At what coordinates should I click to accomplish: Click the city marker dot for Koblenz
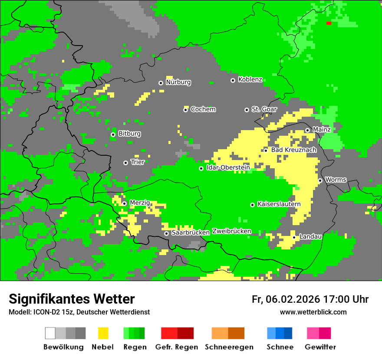233,80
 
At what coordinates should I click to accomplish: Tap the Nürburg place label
178,82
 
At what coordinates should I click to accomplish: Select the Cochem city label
203,109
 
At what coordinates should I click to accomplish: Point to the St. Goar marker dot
247,110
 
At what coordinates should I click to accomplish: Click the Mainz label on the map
322,130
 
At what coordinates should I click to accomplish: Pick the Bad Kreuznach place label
293,150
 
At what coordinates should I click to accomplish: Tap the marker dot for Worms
320,180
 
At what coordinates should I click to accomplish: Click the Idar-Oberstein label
228,168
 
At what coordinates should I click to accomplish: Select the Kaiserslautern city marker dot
252,205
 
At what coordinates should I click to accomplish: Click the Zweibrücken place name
231,231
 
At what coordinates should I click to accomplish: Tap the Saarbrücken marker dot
166,233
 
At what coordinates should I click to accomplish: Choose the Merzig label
140,203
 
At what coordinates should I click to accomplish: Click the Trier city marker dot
125,163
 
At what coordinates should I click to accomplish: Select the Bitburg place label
129,134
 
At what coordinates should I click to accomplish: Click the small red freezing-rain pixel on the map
329,23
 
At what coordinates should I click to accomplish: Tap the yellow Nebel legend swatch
103,333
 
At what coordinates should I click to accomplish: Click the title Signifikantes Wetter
72,299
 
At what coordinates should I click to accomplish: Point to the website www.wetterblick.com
313,312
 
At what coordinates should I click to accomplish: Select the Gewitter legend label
320,347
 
